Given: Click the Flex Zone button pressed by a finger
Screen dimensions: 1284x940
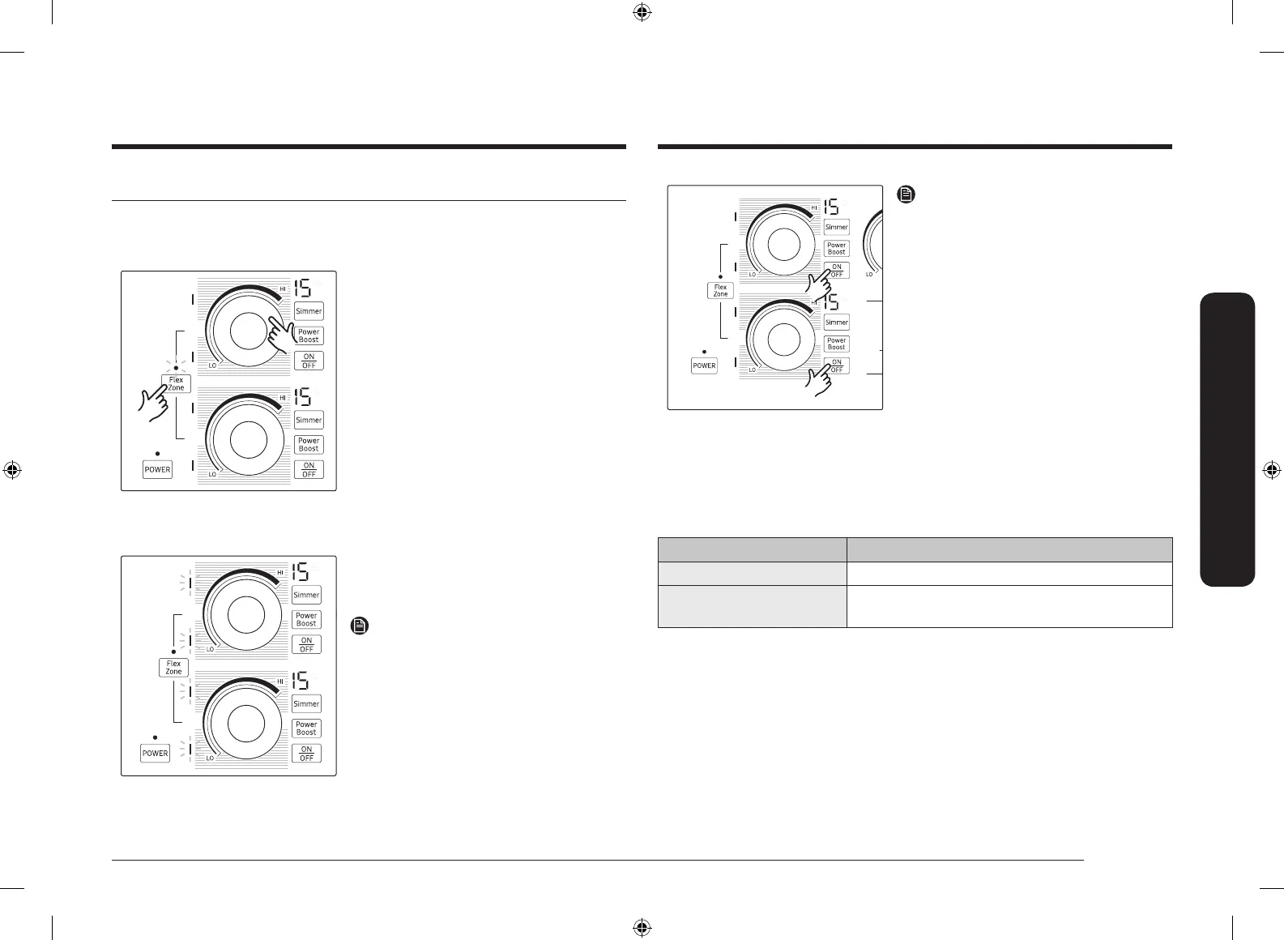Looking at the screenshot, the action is [176, 383].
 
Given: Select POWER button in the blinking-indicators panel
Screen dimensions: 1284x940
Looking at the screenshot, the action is [155, 753].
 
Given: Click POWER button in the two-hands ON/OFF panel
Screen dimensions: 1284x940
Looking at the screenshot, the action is [704, 365].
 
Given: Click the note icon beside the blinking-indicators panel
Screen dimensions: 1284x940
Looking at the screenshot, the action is [360, 626].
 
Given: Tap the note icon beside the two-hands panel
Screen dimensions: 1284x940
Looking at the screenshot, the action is [906, 194].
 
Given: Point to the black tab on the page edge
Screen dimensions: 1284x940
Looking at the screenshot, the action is [1227, 439].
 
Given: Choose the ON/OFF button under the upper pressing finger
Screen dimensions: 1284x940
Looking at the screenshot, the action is [837, 271].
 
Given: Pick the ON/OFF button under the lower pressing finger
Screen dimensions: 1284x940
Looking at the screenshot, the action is [837, 366].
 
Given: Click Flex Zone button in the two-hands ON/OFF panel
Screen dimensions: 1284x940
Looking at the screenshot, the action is [720, 290].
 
